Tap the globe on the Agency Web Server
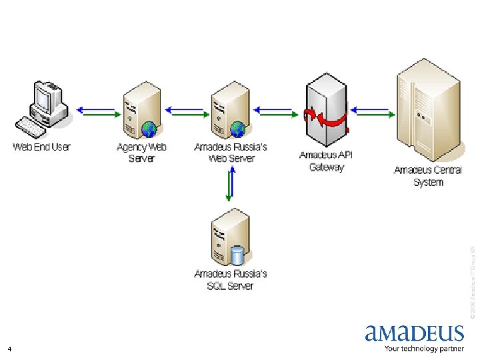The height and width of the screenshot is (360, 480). pos(150,128)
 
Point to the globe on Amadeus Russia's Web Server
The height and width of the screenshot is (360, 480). pos(237,128)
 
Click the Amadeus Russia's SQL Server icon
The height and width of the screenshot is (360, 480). pos(229,237)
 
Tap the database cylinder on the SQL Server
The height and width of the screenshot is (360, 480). pos(237,255)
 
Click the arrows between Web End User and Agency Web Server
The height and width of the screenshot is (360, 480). pos(96,111)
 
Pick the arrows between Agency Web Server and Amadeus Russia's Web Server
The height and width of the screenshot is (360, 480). pos(186,111)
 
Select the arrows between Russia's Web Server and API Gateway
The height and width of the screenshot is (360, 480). pos(274,111)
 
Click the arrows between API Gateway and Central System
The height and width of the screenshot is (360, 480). pos(371,111)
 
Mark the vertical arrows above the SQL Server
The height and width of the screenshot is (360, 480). pos(230,185)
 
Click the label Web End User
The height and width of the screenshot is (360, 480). pos(41,147)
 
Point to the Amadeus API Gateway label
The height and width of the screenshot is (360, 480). pos(326,161)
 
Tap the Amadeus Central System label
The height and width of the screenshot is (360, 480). pos(427,176)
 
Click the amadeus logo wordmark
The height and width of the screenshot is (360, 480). pos(414,333)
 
